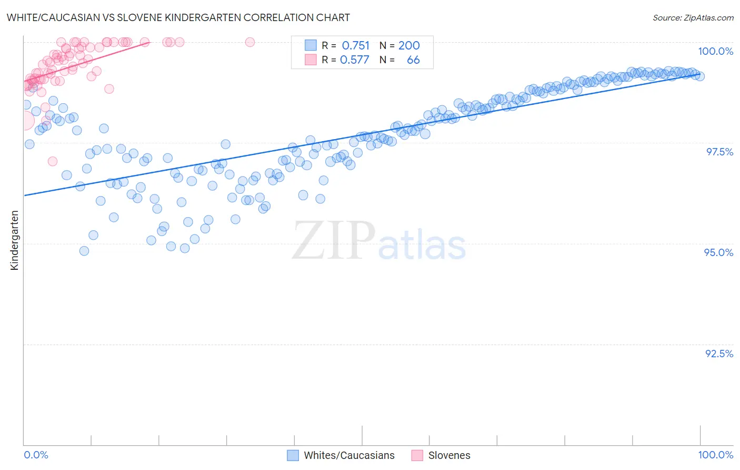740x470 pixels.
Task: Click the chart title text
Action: pyautogui.click(x=178, y=17)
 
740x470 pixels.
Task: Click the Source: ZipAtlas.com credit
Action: pyautogui.click(x=693, y=17)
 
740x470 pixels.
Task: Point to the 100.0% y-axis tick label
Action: pyautogui.click(x=715, y=51)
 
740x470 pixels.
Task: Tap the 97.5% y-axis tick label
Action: pyautogui.click(x=719, y=152)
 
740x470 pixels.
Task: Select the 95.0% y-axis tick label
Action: pyautogui.click(x=718, y=252)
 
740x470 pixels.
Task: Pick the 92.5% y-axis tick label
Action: pyautogui.click(x=719, y=354)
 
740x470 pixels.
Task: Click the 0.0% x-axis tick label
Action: pyautogui.click(x=36, y=455)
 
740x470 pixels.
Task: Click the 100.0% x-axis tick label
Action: pyautogui.click(x=715, y=455)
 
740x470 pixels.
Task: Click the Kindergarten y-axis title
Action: pyautogui.click(x=15, y=240)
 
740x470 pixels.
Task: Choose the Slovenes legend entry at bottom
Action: pyautogui.click(x=449, y=455)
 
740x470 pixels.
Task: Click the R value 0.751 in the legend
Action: pyautogui.click(x=356, y=45)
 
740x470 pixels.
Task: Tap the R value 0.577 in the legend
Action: pyautogui.click(x=354, y=60)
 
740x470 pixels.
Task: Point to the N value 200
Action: pyautogui.click(x=409, y=45)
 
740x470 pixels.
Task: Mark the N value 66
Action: pyautogui.click(x=413, y=60)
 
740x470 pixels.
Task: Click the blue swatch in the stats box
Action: pyautogui.click(x=311, y=45)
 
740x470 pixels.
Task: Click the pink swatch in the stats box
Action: pyautogui.click(x=311, y=60)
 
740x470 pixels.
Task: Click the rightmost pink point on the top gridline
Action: pyautogui.click(x=250, y=42)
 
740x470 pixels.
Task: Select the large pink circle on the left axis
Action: pyautogui.click(x=24, y=121)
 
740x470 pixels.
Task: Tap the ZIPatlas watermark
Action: pyautogui.click(x=379, y=241)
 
